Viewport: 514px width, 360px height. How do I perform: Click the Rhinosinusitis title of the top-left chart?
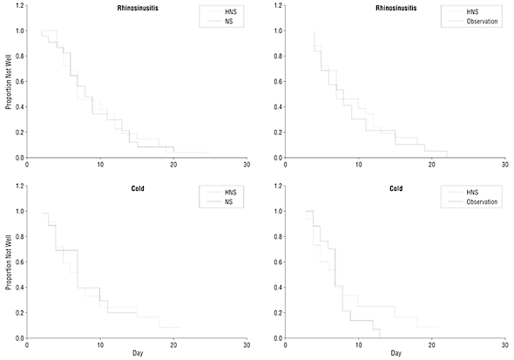click(138, 8)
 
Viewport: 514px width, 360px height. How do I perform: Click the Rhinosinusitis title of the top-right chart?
click(396, 8)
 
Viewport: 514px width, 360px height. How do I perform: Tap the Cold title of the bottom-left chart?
click(138, 188)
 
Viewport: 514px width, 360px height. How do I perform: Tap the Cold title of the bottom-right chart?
click(396, 188)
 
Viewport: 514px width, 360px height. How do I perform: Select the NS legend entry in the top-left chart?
click(229, 22)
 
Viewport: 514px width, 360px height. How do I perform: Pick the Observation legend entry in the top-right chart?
click(482, 22)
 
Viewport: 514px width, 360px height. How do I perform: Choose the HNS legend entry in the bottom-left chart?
click(231, 193)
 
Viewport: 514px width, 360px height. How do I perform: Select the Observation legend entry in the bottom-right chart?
click(482, 202)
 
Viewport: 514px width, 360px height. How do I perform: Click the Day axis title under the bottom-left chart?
click(138, 353)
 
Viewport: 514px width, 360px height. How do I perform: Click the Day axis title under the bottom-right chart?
click(396, 353)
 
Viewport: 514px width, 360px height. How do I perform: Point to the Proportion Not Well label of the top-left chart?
click(9, 82)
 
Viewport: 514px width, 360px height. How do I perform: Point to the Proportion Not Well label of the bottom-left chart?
click(9, 262)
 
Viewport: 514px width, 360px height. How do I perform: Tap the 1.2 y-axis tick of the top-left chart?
click(20, 5)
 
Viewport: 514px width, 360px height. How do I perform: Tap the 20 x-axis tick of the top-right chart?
click(432, 165)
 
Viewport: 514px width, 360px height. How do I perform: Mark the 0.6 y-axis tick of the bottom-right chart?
click(278, 262)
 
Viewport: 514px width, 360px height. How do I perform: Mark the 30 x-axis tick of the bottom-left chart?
click(247, 345)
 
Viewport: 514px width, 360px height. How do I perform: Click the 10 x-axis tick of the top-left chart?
click(100, 165)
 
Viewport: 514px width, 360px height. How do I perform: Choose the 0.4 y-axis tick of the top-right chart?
click(278, 107)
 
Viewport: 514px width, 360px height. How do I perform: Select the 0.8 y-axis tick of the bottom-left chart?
click(20, 237)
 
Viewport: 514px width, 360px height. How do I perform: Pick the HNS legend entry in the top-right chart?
click(472, 12)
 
